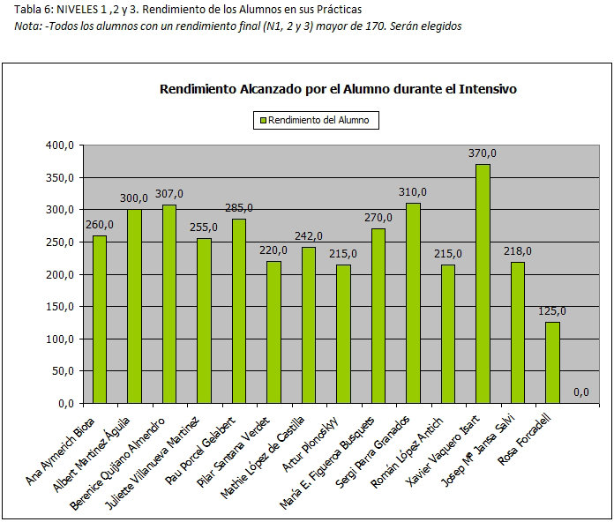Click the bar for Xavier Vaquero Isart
tap(483, 283)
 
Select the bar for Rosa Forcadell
tap(552, 362)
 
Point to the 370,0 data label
tap(483, 153)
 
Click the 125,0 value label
tap(552, 311)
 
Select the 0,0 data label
tap(581, 392)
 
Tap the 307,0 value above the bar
tap(169, 194)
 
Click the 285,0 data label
tap(239, 208)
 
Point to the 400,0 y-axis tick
tap(61, 145)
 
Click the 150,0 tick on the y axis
tap(61, 307)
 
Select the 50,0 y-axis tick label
tap(64, 371)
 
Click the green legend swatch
tap(261, 120)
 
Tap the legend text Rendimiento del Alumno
tap(318, 120)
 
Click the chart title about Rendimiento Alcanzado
tap(338, 89)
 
